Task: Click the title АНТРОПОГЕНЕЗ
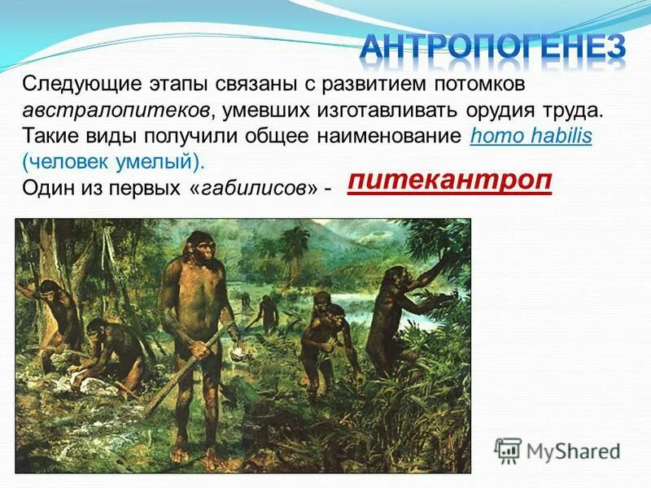coord(493,47)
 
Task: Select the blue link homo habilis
coord(531,136)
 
